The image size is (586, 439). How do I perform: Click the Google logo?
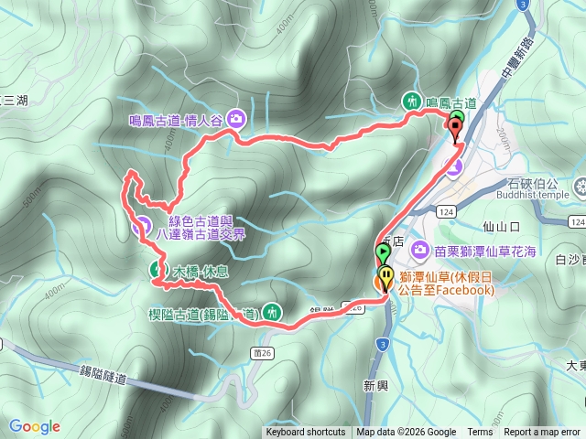(x=35, y=426)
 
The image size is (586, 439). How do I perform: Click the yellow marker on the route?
(x=387, y=275)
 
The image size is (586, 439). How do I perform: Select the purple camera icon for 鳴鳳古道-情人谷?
(x=237, y=118)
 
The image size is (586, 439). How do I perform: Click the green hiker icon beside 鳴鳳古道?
(x=412, y=102)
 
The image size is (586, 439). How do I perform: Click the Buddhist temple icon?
(x=579, y=188)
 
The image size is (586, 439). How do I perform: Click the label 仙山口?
(x=502, y=225)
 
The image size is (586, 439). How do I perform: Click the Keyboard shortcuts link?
(x=306, y=433)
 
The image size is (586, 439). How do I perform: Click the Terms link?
(x=480, y=433)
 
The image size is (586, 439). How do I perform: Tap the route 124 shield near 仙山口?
(x=447, y=211)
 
